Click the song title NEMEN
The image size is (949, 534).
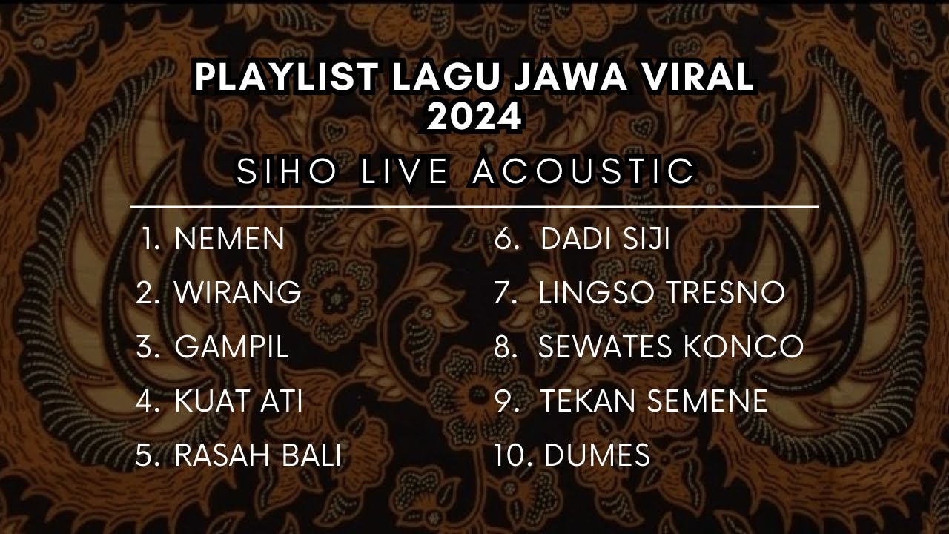tap(229, 239)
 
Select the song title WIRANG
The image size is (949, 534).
tap(237, 293)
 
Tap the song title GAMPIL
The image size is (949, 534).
tap(231, 347)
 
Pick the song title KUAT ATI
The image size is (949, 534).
tap(238, 401)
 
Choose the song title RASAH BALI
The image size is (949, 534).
tap(257, 455)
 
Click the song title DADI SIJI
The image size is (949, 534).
tap(605, 239)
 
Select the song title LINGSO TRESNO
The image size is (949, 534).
tap(661, 293)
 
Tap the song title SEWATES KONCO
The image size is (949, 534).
tap(671, 347)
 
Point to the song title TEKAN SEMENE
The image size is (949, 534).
tap(653, 401)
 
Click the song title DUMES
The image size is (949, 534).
tap(597, 455)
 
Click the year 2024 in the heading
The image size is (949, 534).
tap(474, 117)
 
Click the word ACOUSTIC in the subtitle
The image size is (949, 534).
tap(583, 171)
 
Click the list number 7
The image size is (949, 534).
tap(506, 293)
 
